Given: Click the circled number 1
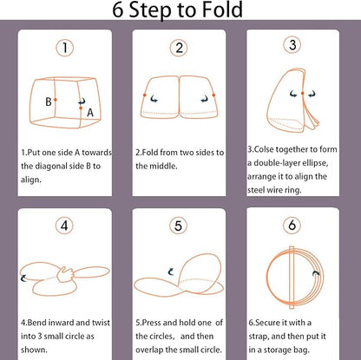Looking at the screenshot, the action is coord(64,48).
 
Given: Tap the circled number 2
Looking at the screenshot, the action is coord(179,48).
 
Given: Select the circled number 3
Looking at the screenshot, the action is coord(292,45).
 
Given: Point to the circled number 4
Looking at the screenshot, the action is coord(64,226).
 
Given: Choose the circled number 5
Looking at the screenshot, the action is coord(178,226).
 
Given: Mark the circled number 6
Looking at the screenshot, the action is coord(292,225).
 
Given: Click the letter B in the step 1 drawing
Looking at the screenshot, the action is coord(49,101).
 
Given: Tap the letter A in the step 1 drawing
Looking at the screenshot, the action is coord(90,113).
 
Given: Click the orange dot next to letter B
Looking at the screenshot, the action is coord(55,100).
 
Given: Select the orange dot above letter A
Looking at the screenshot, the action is coord(81,108).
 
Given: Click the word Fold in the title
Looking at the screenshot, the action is coord(222,10).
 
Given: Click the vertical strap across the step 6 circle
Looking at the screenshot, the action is coord(292,278).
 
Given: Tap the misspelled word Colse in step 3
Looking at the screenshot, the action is coord(264,149).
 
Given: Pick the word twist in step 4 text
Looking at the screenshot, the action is coord(101,323).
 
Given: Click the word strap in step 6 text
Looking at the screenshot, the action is coord(259,337).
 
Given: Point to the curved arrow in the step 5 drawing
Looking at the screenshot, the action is coord(171,272).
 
